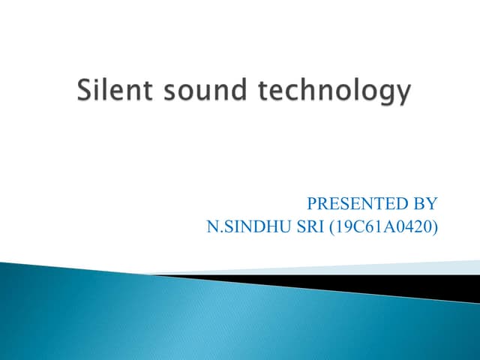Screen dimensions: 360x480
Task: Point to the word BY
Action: pos(425,203)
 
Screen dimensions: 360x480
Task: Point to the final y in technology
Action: pos(403,96)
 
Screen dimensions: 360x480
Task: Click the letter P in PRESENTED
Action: pos(312,203)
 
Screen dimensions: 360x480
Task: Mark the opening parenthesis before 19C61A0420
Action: pos(331,225)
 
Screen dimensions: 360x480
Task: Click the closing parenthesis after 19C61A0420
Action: pos(434,225)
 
